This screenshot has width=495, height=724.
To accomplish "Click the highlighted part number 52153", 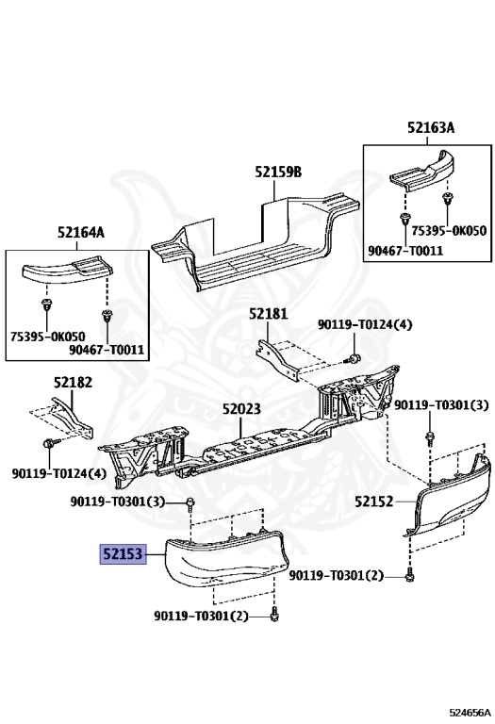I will tap(124, 555).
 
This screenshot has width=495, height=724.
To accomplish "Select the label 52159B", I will tap(277, 172).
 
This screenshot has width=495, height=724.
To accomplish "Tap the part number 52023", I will tap(242, 410).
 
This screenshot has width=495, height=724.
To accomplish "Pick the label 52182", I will tap(73, 382).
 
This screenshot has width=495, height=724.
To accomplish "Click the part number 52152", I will tap(374, 502).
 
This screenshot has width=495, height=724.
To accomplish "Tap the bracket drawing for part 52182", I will tap(74, 415).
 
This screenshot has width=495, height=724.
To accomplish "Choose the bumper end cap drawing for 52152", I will tap(451, 500).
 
